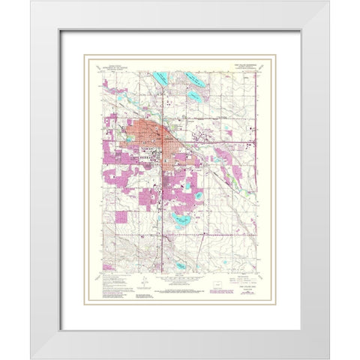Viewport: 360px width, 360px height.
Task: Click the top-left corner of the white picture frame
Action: click(x=32, y=2)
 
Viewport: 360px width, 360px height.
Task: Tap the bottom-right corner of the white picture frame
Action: click(x=328, y=358)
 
